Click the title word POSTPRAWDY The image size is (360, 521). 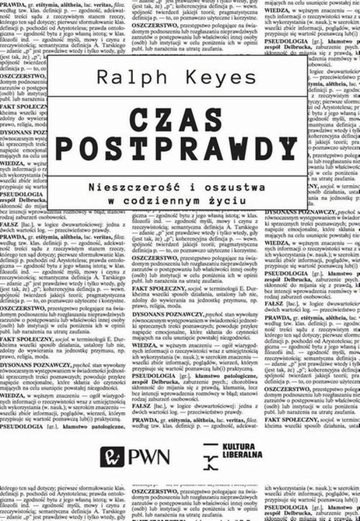(x=180, y=153)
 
